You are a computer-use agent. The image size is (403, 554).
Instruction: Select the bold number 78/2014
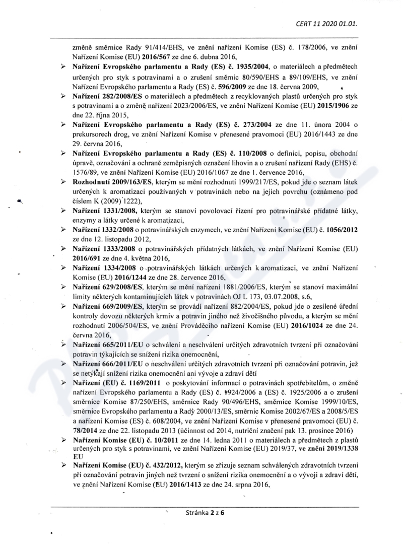(84, 431)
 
